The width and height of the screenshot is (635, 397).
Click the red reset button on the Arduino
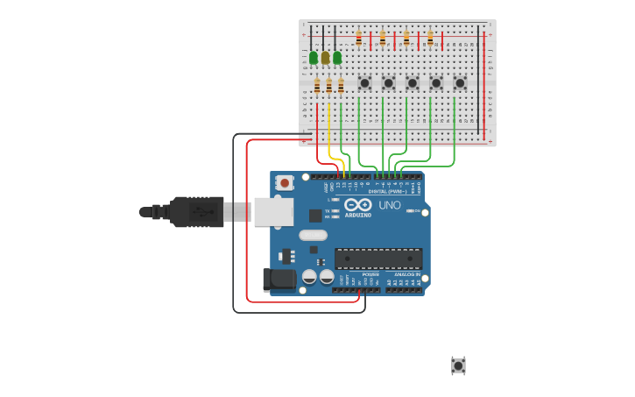pyautogui.click(x=284, y=183)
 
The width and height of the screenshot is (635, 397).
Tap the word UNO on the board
pyautogui.click(x=389, y=205)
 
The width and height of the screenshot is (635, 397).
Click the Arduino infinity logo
pyautogui.click(x=357, y=205)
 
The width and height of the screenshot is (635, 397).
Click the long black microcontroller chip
pyautogui.click(x=378, y=259)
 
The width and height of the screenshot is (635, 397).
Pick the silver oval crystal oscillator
pyautogui.click(x=313, y=235)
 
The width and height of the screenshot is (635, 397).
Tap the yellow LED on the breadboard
pyautogui.click(x=325, y=58)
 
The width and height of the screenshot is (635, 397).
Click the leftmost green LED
pyautogui.click(x=314, y=58)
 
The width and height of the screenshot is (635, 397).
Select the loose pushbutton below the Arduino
pyautogui.click(x=458, y=365)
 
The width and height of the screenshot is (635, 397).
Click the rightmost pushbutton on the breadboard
pyautogui.click(x=460, y=83)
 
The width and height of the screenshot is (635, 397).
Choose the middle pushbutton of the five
pyautogui.click(x=413, y=83)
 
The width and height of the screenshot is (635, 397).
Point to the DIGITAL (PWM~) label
pyautogui.click(x=387, y=191)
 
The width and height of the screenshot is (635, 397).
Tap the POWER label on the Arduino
pyautogui.click(x=370, y=274)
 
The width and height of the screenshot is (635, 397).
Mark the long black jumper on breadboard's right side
pyautogui.click(x=478, y=79)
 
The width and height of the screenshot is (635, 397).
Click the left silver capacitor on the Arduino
pyautogui.click(x=309, y=276)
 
